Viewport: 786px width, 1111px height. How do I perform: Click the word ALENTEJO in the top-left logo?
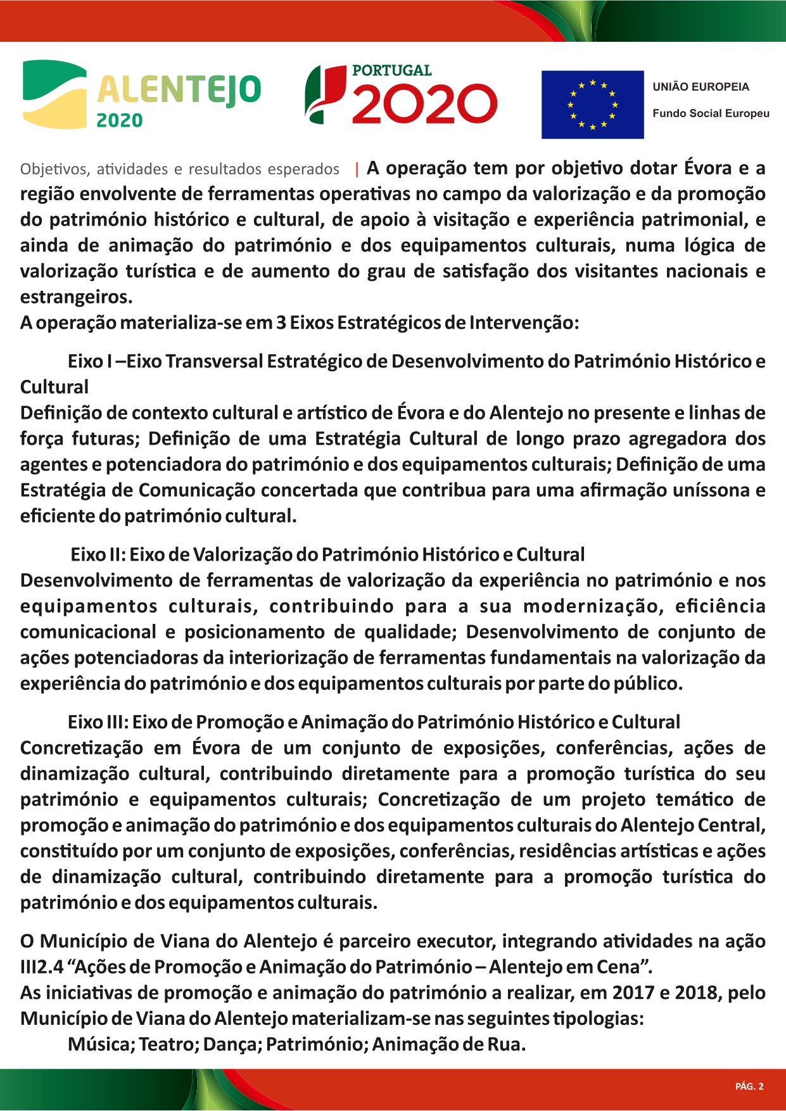(x=179, y=89)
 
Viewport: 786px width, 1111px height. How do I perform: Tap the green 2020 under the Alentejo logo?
(x=119, y=120)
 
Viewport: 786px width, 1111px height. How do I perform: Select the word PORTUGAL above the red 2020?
(x=391, y=70)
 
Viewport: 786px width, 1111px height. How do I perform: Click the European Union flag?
(x=592, y=105)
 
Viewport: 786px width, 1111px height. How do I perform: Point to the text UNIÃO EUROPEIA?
(x=700, y=87)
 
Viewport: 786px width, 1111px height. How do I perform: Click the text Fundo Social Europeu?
(x=711, y=113)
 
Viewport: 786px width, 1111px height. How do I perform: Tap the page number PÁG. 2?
(x=749, y=1086)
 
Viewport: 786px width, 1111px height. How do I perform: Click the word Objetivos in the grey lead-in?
(x=53, y=169)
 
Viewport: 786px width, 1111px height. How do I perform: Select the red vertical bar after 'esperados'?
(x=357, y=169)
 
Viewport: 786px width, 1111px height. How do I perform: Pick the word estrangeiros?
(x=76, y=296)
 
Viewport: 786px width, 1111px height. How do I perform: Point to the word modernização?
(x=593, y=606)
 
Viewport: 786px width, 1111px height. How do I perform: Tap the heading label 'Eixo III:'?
(x=98, y=722)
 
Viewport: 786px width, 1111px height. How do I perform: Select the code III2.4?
(x=42, y=967)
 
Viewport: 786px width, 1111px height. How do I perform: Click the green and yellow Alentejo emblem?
(x=54, y=94)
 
